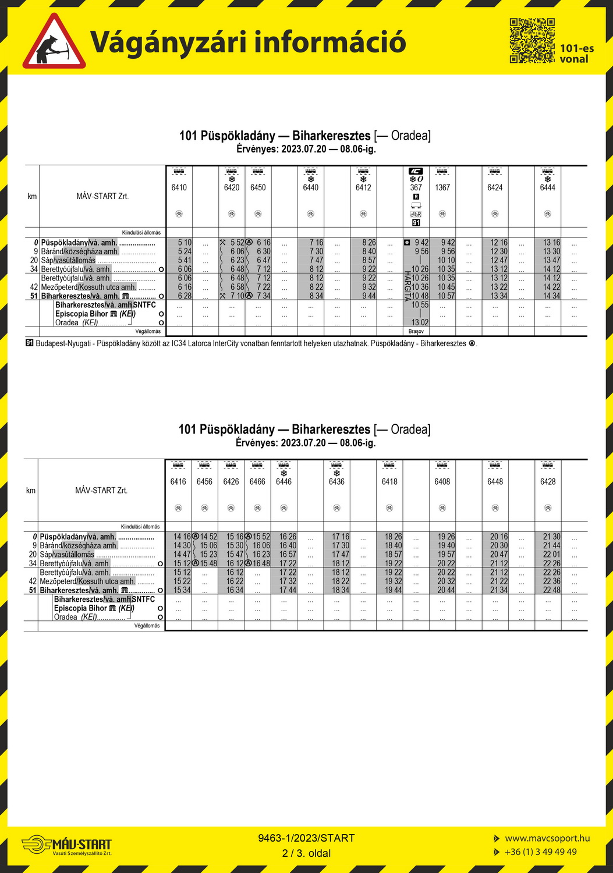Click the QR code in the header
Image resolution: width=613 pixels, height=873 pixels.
[532, 40]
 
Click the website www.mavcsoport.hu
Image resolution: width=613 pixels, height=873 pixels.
[547, 838]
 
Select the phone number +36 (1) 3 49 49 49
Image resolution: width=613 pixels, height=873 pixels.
[540, 851]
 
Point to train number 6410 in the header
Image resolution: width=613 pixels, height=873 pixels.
[179, 187]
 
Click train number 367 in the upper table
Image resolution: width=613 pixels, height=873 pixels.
[416, 187]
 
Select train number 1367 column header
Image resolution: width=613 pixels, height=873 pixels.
[442, 187]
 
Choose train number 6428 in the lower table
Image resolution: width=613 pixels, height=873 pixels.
[548, 481]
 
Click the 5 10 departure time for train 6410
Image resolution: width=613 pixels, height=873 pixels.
[185, 242]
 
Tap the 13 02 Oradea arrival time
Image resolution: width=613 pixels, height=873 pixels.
[420, 322]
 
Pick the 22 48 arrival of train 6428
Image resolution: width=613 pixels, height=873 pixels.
[551, 590]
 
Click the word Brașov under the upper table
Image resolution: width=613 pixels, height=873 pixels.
[416, 331]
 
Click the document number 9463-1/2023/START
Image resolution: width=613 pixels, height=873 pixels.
[306, 838]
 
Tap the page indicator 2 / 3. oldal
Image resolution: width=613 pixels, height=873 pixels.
[306, 853]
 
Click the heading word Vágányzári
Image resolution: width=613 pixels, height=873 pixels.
[166, 42]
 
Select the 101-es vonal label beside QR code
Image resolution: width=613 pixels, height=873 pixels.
[576, 54]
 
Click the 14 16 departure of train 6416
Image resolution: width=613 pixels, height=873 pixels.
[182, 537]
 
